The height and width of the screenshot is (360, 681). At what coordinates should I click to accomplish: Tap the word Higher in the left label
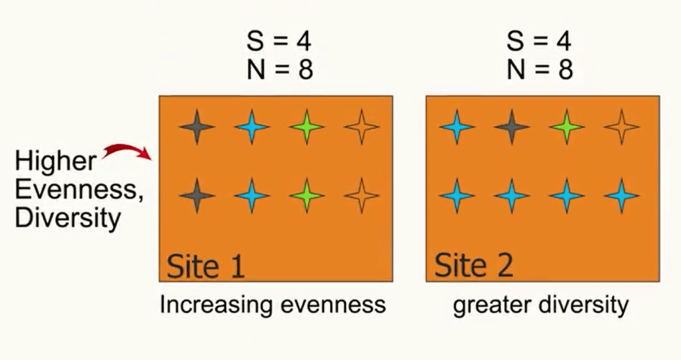(x=55, y=162)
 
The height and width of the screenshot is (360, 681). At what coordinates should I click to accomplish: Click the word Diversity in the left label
(x=68, y=218)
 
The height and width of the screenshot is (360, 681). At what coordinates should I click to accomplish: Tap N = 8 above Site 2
(x=538, y=69)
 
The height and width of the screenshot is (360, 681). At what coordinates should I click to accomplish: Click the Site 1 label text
(x=205, y=265)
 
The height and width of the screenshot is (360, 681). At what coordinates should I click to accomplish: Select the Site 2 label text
(x=474, y=265)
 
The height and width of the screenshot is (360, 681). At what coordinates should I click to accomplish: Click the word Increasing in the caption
(x=216, y=305)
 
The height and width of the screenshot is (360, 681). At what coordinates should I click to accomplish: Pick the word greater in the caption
(x=487, y=305)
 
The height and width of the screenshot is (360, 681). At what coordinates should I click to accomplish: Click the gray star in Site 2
(x=512, y=126)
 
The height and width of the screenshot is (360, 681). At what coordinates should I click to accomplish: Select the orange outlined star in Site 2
(x=622, y=126)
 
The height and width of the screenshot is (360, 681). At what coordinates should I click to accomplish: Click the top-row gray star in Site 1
(x=197, y=126)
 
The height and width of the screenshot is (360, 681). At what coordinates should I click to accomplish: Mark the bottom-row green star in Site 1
(x=307, y=196)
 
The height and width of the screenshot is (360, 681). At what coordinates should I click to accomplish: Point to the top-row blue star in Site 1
(x=253, y=126)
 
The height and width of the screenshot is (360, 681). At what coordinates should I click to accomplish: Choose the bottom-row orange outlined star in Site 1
(x=362, y=196)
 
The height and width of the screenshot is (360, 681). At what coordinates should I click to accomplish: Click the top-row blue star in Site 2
(x=457, y=126)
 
